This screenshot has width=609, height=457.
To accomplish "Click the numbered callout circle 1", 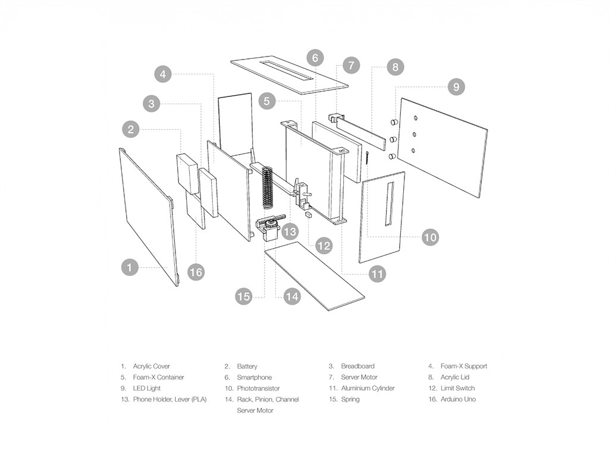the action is click(130, 267).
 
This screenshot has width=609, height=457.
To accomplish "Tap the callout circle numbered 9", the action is click(456, 87).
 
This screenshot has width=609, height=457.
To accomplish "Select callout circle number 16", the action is click(196, 272).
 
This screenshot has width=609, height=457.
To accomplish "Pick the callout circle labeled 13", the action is click(290, 232).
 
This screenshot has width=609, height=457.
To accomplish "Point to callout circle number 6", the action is click(315, 58).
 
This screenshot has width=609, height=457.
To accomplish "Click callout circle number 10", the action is click(431, 237).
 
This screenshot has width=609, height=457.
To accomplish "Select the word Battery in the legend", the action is click(247, 366).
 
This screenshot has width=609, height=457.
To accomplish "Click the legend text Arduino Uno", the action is click(458, 399).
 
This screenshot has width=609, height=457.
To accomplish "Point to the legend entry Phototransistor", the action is click(258, 388).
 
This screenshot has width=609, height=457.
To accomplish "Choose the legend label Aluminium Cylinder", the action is click(368, 388).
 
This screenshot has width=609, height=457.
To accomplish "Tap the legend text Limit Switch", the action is click(457, 388).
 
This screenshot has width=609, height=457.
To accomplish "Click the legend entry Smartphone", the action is click(255, 377).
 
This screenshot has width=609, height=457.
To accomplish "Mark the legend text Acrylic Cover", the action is click(152, 366).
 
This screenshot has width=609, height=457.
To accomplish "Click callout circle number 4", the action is click(163, 74).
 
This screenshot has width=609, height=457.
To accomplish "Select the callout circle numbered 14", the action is click(291, 296).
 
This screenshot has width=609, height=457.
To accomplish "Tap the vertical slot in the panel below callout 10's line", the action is click(390, 204).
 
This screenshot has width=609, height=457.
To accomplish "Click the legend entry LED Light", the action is click(146, 388).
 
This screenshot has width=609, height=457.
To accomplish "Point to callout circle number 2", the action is click(131, 129).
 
